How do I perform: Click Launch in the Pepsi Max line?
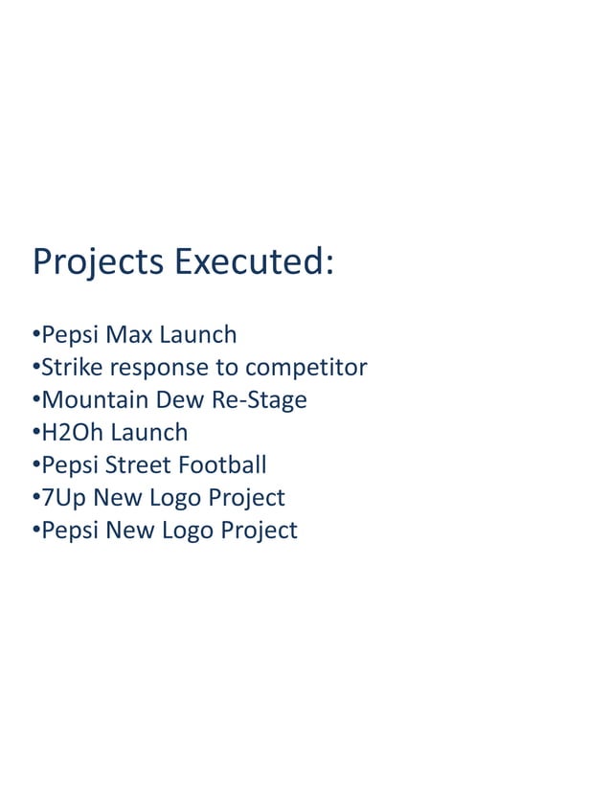197,335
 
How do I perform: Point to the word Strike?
72,368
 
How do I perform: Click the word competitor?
305,369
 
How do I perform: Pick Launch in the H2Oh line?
148,433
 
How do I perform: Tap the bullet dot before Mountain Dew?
35,400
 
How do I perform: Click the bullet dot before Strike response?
35,368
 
